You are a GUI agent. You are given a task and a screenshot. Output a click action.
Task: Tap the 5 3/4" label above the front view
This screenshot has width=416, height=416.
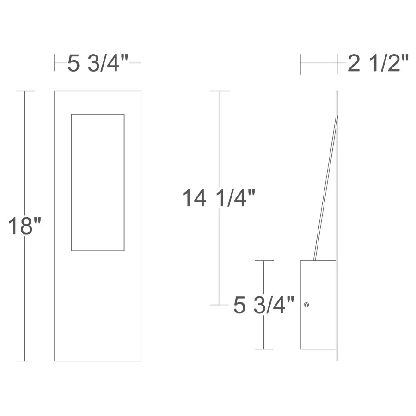98,63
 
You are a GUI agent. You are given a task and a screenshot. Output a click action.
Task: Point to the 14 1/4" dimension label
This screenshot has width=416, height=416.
219,199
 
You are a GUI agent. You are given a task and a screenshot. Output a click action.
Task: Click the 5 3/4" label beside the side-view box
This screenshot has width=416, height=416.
264,306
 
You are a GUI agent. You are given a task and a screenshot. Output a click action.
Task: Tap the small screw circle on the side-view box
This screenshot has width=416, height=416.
306,305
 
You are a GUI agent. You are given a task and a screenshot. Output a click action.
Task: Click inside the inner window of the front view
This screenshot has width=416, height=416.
98,182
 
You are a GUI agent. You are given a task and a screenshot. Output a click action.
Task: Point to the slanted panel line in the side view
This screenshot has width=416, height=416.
326,185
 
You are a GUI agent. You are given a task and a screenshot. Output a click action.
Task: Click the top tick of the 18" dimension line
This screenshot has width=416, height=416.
25,91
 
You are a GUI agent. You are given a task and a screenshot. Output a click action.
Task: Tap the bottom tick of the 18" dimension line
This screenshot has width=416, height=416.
25,361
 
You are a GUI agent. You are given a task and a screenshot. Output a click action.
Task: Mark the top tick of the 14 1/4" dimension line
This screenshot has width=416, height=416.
220,91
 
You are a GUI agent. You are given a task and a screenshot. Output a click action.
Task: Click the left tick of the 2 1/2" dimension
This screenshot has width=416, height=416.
300,63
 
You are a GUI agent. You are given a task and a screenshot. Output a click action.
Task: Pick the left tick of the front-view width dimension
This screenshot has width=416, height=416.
55,63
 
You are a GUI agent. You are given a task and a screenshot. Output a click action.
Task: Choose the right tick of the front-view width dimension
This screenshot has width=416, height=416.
141,63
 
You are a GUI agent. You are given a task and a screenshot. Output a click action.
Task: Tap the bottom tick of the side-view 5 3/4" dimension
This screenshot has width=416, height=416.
263,349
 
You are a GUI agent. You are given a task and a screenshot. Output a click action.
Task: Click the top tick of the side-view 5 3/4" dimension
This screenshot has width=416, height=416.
263,261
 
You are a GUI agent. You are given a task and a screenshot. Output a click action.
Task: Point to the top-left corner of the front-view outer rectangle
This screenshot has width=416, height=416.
55,91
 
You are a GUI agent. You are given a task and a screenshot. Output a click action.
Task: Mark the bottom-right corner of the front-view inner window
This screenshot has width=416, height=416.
124,251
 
